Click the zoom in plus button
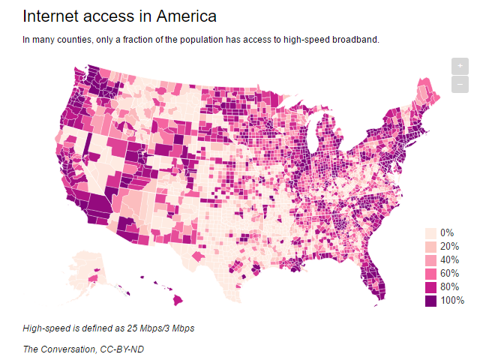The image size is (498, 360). [460, 66]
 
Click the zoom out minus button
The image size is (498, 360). [460, 84]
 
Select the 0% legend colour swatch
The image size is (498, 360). [431, 233]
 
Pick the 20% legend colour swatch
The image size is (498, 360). [431, 247]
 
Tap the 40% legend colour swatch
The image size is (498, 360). [431, 260]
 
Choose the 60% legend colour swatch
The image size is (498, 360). [431, 274]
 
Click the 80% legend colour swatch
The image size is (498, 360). [431, 287]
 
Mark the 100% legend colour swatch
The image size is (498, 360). [431, 301]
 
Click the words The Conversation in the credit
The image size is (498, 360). [55, 349]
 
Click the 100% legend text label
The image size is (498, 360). [453, 301]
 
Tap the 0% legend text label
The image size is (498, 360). [447, 233]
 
